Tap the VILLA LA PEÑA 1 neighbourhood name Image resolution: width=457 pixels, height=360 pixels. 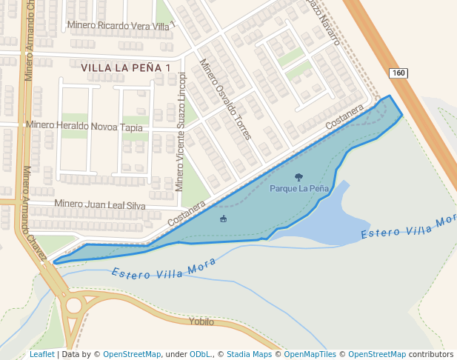pyautogui.click(x=126, y=67)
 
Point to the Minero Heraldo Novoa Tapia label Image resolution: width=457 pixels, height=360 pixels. pyautogui.click(x=84, y=126)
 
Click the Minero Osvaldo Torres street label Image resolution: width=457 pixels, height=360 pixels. pyautogui.click(x=225, y=100)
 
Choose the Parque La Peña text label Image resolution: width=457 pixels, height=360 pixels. pyautogui.click(x=298, y=189)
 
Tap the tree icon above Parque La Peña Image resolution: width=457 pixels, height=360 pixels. pyautogui.click(x=298, y=177)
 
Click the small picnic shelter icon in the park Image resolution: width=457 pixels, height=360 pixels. pyautogui.click(x=223, y=219)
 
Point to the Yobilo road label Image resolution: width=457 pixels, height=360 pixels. pyautogui.click(x=201, y=321)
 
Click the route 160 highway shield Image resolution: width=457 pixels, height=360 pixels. pyautogui.click(x=398, y=73)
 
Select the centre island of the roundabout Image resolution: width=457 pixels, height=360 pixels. pyautogui.click(x=73, y=305)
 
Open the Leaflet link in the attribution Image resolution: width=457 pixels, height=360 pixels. pyautogui.click(x=41, y=355)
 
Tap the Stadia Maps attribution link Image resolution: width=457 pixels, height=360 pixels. pyautogui.click(x=247, y=355)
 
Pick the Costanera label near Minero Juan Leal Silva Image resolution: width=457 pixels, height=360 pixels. pyautogui.click(x=186, y=214)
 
